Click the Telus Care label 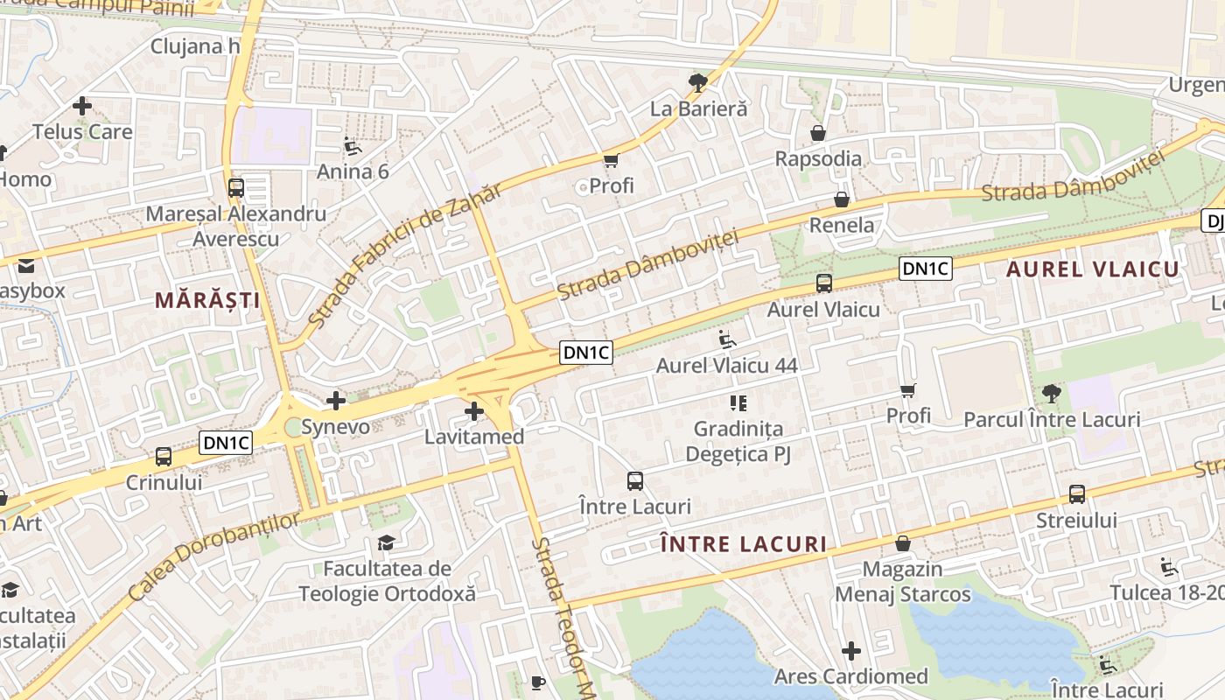pyautogui.click(x=82, y=132)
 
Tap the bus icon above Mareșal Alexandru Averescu pyautogui.click(x=235, y=187)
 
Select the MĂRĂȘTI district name pyautogui.click(x=208, y=300)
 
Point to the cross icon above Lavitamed pyautogui.click(x=474, y=411)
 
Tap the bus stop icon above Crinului pyautogui.click(x=164, y=456)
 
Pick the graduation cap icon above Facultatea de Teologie pyautogui.click(x=386, y=543)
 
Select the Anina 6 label pyautogui.click(x=353, y=171)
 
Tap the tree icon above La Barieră pyautogui.click(x=698, y=83)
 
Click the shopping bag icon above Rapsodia pyautogui.click(x=818, y=133)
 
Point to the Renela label pyautogui.click(x=842, y=226)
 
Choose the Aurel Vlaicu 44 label pyautogui.click(x=727, y=366)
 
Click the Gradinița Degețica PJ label pyautogui.click(x=738, y=442)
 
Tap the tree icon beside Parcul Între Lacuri pyautogui.click(x=1052, y=394)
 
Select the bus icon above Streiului pyautogui.click(x=1077, y=493)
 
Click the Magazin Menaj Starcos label pyautogui.click(x=903, y=582)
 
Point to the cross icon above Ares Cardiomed pyautogui.click(x=851, y=651)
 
